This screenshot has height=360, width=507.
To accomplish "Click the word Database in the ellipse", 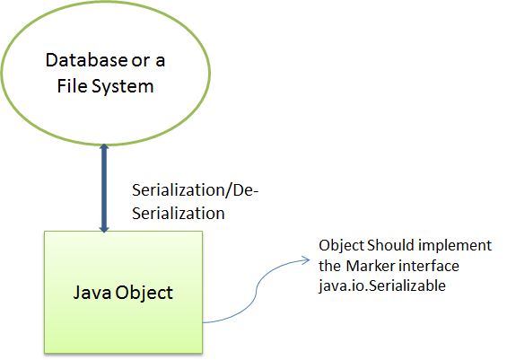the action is pos(87,60).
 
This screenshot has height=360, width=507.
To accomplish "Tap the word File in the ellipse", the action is pos(72,86).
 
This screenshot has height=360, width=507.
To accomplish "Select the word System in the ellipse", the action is pos(123,87).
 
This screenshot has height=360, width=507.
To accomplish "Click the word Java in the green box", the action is pos(92,293).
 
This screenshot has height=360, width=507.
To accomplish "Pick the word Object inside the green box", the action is pos(144,294).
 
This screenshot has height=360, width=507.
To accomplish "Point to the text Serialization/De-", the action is pos(196,189).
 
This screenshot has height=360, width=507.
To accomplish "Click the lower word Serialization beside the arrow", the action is pos(179,214).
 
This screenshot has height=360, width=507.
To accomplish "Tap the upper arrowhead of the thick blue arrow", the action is pos(104,147).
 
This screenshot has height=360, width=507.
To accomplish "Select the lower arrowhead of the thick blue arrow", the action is pos(104,229).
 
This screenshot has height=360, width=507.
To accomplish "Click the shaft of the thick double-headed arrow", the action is pos(104,188).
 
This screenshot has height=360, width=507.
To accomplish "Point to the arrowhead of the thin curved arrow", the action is pos(306,260).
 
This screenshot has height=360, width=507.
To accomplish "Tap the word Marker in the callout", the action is pos(371,267).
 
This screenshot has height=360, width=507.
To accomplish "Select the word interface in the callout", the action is pos(429,267).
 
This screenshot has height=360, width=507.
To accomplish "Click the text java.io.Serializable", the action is pos(382,286).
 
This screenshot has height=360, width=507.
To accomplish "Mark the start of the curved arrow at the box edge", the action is pos(203,322).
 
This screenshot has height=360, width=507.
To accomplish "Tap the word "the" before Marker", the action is pos(330,267).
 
